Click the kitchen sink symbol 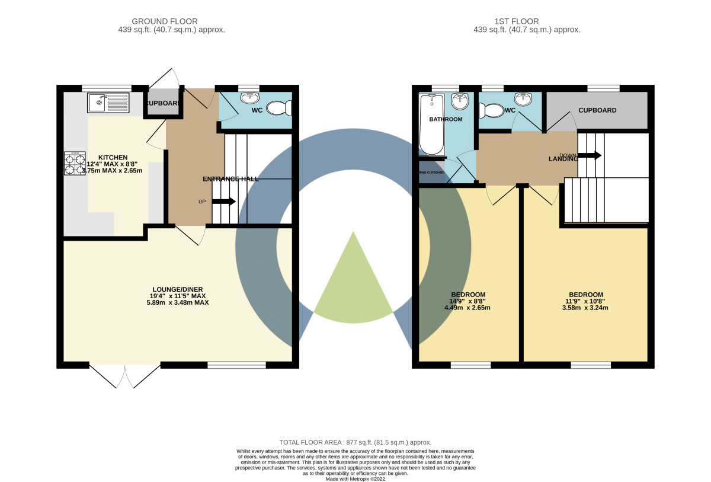[x=108, y=103]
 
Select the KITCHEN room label [x=113, y=157]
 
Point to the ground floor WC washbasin [x=249, y=98]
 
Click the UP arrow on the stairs [x=223, y=202]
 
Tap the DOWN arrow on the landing [x=590, y=155]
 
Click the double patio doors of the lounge [x=125, y=376]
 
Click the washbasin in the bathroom [x=459, y=101]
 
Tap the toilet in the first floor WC [x=489, y=110]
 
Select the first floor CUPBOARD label [x=597, y=110]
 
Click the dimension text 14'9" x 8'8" [x=468, y=301]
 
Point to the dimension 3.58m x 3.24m [x=586, y=308]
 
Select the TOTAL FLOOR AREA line [x=355, y=442]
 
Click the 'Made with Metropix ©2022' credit [x=355, y=478]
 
